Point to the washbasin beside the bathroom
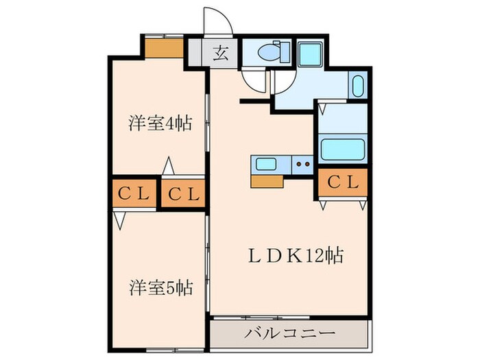click(357, 86)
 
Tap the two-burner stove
click(302, 164)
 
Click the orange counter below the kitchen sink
click(267, 180)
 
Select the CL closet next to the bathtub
click(342, 182)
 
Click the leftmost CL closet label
click(133, 195)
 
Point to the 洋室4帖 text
click(158, 124)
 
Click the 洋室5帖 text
click(159, 287)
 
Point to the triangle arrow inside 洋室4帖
click(167, 167)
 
